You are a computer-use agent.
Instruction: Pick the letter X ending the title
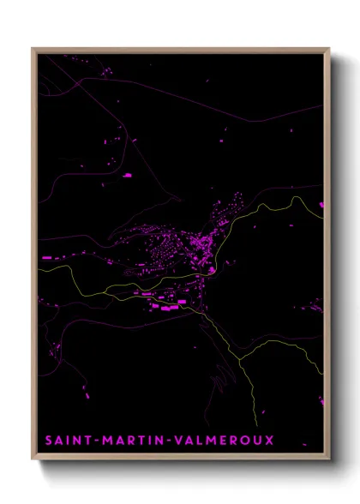[x=269, y=441]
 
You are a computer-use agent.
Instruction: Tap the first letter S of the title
[x=48, y=441]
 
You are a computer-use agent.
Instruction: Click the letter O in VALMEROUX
[x=244, y=441]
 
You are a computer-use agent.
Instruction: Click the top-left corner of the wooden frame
[x=33, y=49]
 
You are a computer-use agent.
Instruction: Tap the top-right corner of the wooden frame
[x=328, y=49]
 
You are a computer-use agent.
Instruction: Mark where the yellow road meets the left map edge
[x=39, y=271]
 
